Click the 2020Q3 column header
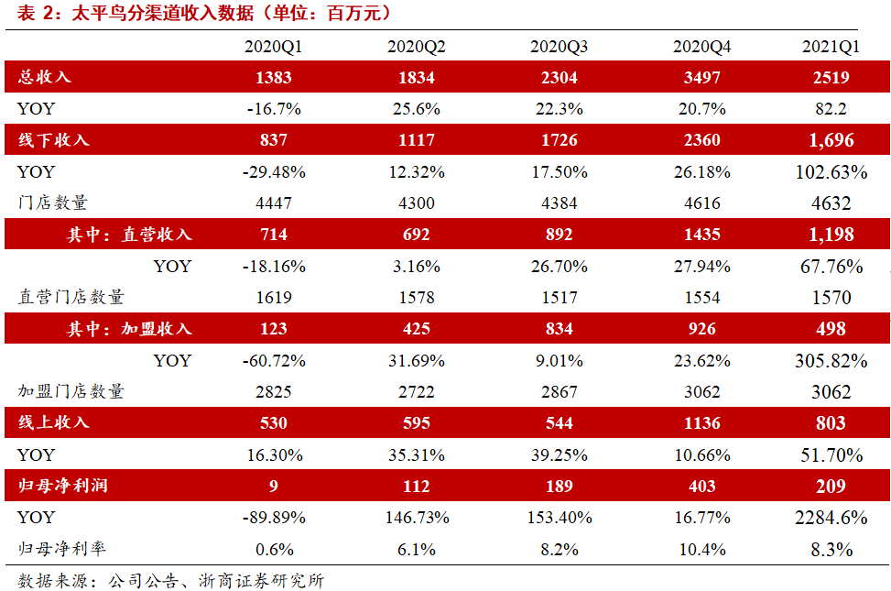[x=559, y=47]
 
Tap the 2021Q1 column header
[x=831, y=47]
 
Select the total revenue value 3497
[x=701, y=77]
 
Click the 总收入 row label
[x=44, y=77]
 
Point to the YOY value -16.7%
[x=274, y=109]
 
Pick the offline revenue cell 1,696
[x=831, y=140]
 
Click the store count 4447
[x=274, y=203]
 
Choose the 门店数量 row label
[x=53, y=202]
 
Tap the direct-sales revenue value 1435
[x=701, y=235]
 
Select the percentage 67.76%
[x=831, y=267]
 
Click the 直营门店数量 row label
[x=71, y=296]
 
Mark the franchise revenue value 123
[x=274, y=329]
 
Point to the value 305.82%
[x=831, y=361]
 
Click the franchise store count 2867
[x=560, y=392]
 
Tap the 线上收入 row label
[x=53, y=422]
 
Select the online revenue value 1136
[x=701, y=423]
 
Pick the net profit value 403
[x=701, y=487]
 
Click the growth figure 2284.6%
[x=831, y=518]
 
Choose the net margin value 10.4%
[x=702, y=550]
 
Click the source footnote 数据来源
[x=52, y=581]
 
